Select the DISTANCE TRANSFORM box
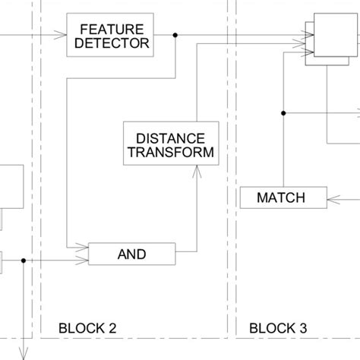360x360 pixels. (170, 144)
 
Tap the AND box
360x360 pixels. (132, 254)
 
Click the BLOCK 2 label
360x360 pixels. (87, 328)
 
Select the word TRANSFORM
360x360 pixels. (170, 153)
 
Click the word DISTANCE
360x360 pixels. (170, 137)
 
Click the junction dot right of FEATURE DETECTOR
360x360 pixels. (175, 35)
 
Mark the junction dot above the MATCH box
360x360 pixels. (284, 114)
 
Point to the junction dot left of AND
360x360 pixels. (24, 261)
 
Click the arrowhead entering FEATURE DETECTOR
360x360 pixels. (62, 35)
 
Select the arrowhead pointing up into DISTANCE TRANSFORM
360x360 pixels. (197, 173)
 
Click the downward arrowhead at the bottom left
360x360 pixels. (24, 352)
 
